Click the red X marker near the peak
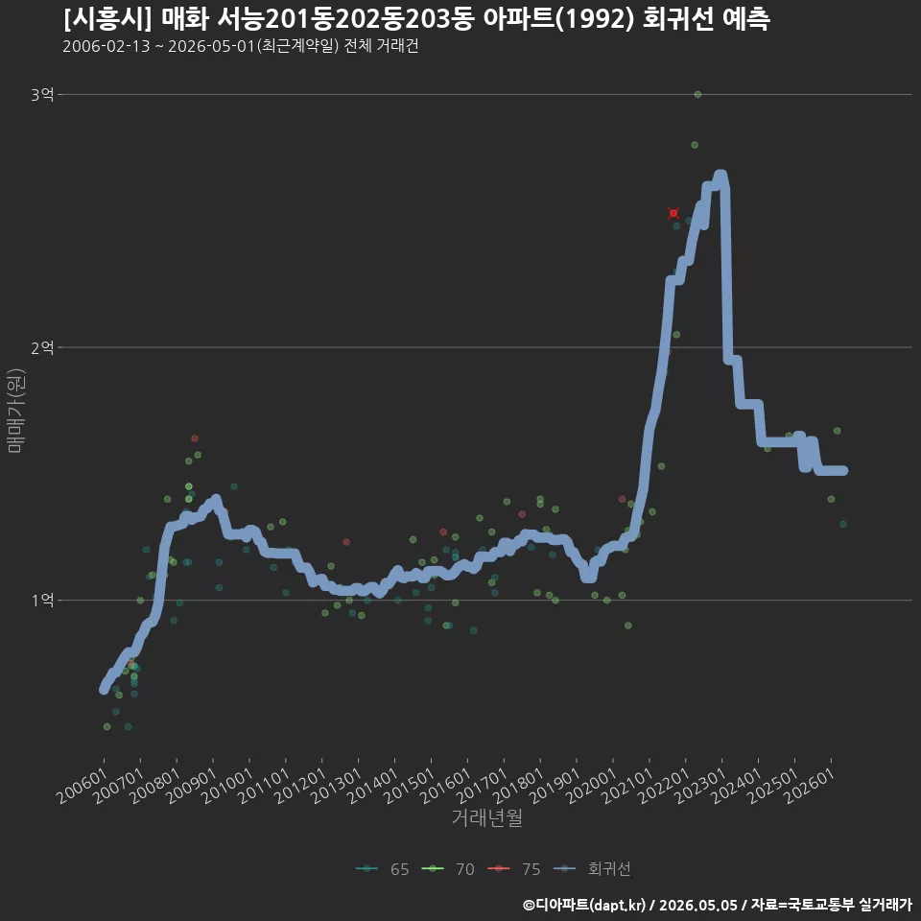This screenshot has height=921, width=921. coord(673,213)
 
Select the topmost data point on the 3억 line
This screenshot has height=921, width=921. coord(697,94)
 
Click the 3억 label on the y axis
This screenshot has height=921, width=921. coord(42,95)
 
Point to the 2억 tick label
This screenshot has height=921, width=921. coord(42,347)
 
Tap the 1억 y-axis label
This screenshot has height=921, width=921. coord(43,601)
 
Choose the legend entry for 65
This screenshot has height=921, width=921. coord(383,869)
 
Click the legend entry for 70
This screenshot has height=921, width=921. coord(448,869)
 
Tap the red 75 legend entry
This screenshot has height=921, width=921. coord(514,869)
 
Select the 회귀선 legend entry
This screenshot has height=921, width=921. coord(592,869)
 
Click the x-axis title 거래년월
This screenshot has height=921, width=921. coord(487,817)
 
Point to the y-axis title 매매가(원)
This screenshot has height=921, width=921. coord(15,412)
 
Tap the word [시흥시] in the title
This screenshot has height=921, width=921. coord(107,19)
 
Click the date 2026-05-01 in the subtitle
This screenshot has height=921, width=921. coord(211,46)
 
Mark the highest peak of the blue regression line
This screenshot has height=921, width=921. coord(720,175)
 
